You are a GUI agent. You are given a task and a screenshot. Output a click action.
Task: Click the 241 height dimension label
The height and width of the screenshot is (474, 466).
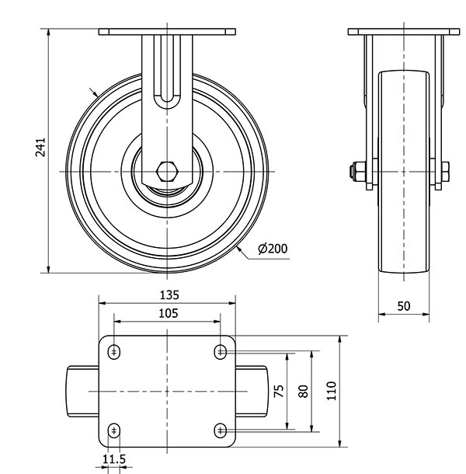click(x=40, y=147)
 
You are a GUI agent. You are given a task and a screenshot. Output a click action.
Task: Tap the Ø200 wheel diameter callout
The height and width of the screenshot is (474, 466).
click(x=273, y=249)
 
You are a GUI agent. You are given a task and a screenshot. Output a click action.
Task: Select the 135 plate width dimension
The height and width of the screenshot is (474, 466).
click(x=169, y=295)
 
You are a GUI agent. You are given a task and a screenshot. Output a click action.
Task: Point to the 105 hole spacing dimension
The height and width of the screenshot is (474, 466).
click(x=169, y=313)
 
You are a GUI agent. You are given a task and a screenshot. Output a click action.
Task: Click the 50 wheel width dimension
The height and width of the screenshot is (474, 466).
click(x=403, y=306)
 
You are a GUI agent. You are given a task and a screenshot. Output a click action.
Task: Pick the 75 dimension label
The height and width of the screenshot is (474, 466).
click(x=279, y=391)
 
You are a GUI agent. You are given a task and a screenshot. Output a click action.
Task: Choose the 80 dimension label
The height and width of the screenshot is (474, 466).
click(x=303, y=391)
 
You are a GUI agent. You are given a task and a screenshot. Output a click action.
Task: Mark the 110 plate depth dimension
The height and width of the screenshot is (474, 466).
click(x=332, y=391)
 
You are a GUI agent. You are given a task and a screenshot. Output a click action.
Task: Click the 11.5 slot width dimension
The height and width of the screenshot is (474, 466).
click(x=114, y=459)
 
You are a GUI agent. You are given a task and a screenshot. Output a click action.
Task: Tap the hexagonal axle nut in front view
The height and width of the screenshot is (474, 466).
click(x=167, y=172)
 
